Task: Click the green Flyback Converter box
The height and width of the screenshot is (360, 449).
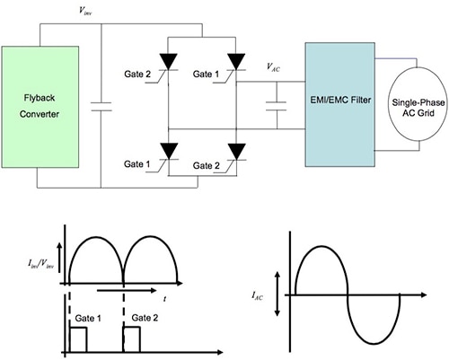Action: point(40,107)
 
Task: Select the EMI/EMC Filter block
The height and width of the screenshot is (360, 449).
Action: point(340,104)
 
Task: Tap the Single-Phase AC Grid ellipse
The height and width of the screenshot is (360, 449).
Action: point(418,108)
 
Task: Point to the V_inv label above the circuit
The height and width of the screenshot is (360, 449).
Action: point(85,12)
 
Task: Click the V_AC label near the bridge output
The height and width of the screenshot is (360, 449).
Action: point(273,67)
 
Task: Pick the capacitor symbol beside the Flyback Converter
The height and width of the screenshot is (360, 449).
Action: point(101,107)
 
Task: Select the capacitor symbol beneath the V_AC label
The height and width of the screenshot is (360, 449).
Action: point(277,106)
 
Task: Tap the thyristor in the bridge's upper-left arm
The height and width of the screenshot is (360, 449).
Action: point(168,62)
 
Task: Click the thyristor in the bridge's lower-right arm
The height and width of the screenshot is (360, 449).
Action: point(236,152)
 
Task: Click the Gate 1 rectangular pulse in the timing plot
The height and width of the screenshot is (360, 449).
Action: point(78,339)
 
